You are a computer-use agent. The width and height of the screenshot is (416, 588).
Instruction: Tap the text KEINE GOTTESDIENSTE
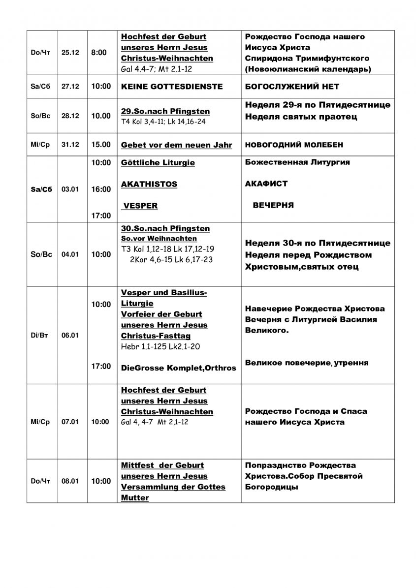[x=172, y=87]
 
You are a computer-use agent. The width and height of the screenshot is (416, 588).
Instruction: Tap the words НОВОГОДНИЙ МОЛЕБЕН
[x=293, y=145]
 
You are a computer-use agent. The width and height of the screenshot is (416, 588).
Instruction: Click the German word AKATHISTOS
[x=149, y=184]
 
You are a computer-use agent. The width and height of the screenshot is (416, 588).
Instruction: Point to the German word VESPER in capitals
[x=140, y=206]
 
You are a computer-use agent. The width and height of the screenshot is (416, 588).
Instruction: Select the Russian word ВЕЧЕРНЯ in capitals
[x=273, y=205]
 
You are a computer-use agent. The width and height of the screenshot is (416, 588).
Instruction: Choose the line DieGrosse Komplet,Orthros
[x=179, y=368]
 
